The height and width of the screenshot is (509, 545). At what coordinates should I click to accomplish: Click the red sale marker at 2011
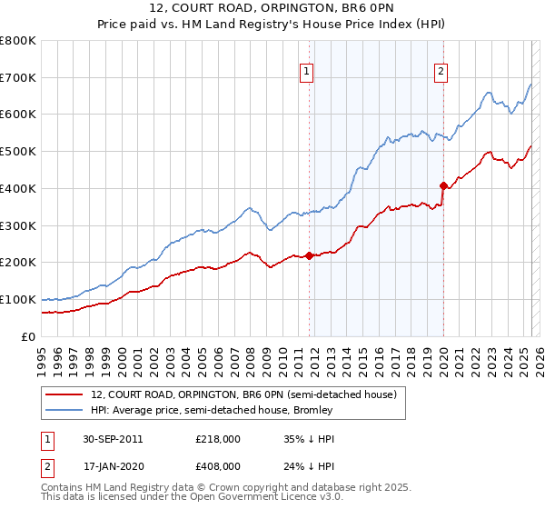coord(309,255)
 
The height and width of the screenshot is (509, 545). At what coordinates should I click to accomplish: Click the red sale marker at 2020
coord(443,185)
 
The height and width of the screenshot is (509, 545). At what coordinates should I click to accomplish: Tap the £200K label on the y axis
coord(19,263)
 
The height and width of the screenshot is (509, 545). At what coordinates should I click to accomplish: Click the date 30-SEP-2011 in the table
coord(113,439)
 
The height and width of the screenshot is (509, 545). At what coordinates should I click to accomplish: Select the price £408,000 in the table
coord(218,466)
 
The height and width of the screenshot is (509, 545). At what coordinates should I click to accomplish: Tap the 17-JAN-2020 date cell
coord(113,466)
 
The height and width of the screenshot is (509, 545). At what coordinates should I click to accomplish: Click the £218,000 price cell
coord(218,439)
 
